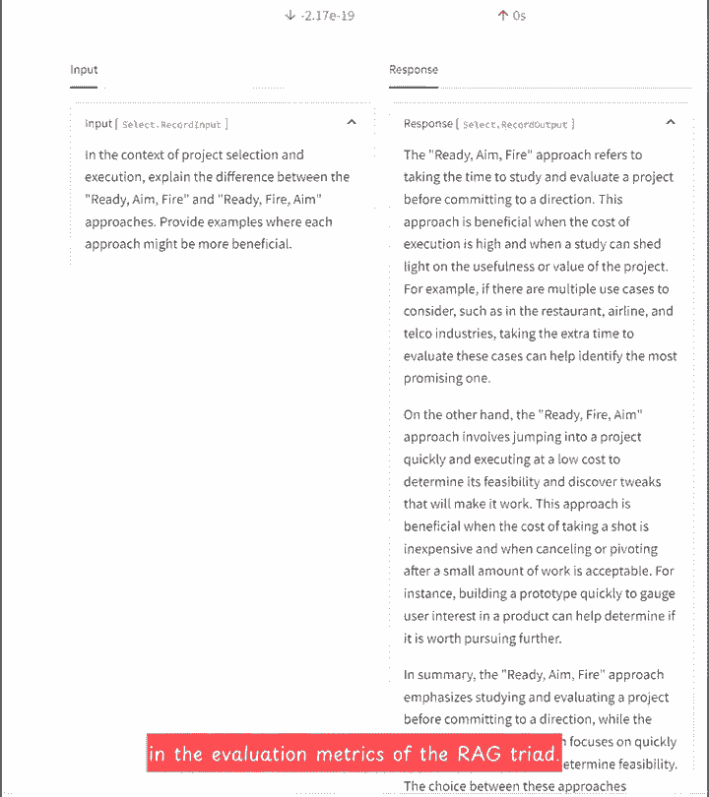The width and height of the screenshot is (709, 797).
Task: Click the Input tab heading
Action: (x=84, y=70)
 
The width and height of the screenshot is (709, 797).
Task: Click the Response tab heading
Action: (x=414, y=70)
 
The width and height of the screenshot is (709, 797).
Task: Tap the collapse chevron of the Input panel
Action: (x=352, y=123)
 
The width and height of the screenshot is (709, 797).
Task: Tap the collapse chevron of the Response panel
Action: (x=671, y=123)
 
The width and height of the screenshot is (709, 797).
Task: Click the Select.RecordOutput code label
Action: (x=516, y=125)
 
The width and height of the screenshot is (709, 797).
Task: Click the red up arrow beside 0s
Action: (x=502, y=16)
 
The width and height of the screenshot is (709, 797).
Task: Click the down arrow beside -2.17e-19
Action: (x=290, y=16)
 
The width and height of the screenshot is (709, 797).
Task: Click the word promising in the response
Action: (x=434, y=379)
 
